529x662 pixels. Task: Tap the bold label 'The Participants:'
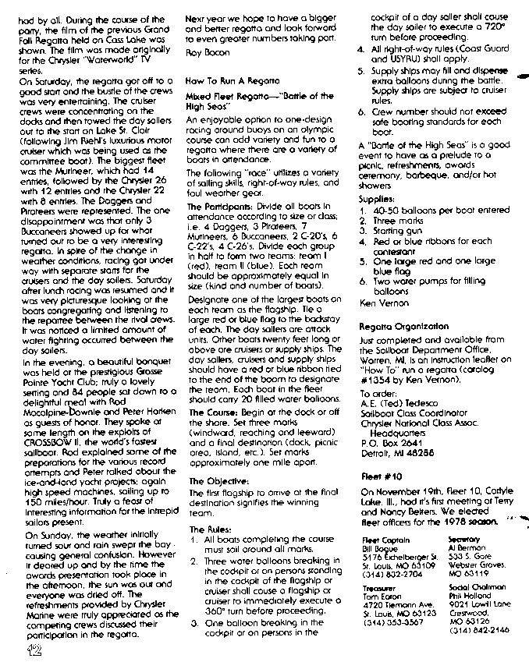click(x=217, y=206)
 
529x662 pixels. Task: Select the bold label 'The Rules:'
click(x=204, y=528)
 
